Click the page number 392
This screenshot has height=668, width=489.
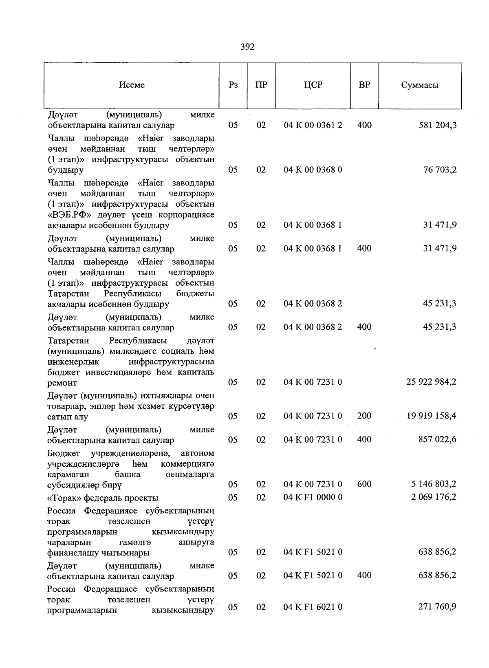[x=247, y=47]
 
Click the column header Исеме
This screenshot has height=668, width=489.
[x=132, y=85]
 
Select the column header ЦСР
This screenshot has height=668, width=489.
[x=313, y=85]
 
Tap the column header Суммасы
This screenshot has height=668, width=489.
[x=420, y=86]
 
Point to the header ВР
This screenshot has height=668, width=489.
[x=364, y=85]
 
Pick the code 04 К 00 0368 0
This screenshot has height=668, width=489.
[x=313, y=170]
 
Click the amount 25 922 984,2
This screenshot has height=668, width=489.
[x=431, y=382]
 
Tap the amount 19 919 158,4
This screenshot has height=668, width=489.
[x=431, y=416]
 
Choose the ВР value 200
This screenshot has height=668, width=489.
[x=364, y=416]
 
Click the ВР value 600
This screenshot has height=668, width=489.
[x=364, y=484]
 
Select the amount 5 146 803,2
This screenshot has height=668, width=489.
[x=434, y=484]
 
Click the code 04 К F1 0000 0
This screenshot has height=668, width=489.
[x=313, y=498]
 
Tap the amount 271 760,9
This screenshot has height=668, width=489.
[x=437, y=607]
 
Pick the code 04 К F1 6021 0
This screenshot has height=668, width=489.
[x=313, y=607]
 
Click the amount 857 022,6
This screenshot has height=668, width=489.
[x=437, y=440]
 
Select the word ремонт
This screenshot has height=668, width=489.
[x=62, y=383]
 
